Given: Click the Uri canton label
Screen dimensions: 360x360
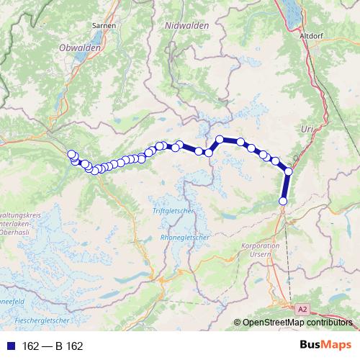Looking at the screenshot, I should pyautogui.click(x=307, y=127).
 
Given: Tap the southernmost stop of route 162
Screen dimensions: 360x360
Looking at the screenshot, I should pyautogui.click(x=283, y=201).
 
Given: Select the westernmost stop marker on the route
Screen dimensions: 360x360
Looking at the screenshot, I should pyautogui.click(x=71, y=153).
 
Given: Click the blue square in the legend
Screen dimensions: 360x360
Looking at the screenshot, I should pyautogui.click(x=11, y=346).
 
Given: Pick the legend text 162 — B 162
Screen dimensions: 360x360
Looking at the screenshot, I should pyautogui.click(x=53, y=346).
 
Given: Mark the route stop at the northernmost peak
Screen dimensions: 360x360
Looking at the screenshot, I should pyautogui.click(x=220, y=139).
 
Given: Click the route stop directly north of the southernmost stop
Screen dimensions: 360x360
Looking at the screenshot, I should pyautogui.click(x=289, y=171).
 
